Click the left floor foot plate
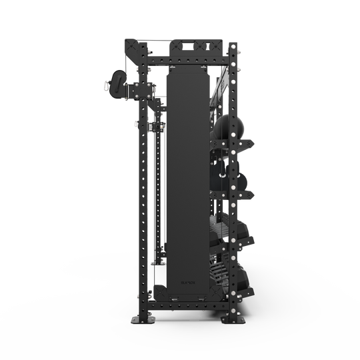[x=142, y=321]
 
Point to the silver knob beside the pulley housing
[x=106, y=85]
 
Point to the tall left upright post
[x=141, y=200]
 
